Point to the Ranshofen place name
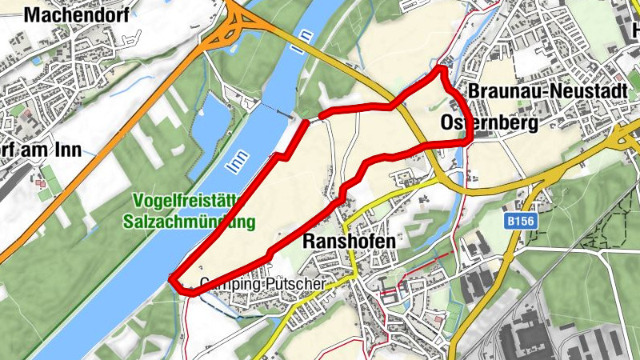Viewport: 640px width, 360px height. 350,240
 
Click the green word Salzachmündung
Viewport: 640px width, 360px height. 189,220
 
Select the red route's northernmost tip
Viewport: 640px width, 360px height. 439,70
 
